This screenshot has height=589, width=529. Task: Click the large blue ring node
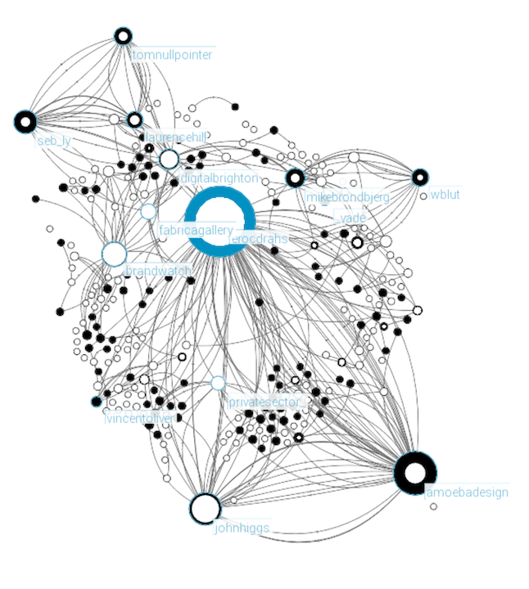click(x=219, y=221)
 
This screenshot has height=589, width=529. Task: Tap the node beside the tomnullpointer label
click(x=123, y=36)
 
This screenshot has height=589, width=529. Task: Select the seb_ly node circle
click(x=25, y=122)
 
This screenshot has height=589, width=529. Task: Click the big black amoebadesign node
click(x=415, y=473)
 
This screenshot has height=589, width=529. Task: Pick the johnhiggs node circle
click(x=205, y=508)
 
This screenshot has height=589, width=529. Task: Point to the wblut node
click(x=420, y=177)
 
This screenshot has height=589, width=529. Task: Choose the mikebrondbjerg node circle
click(x=295, y=178)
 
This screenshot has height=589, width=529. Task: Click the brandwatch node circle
click(x=114, y=254)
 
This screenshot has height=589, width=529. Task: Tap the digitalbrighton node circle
click(x=169, y=159)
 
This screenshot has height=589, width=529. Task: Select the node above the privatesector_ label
click(x=218, y=383)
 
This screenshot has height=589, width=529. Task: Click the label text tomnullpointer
click(x=172, y=55)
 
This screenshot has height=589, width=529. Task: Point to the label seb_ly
click(x=54, y=141)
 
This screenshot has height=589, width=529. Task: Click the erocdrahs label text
click(x=260, y=239)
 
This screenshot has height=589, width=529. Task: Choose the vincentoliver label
click(x=140, y=419)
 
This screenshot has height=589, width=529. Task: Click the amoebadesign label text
click(x=467, y=492)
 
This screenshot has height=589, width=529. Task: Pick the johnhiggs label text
click(x=242, y=528)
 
